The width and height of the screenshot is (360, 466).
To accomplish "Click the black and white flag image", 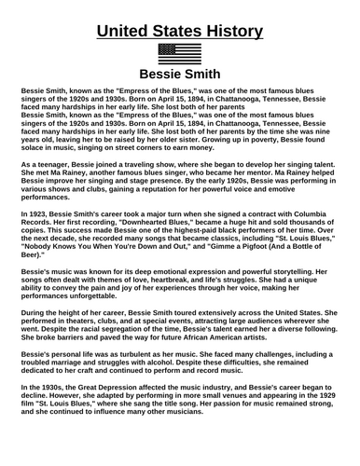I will (180, 53).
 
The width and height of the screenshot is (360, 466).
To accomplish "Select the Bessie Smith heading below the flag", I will (180, 75).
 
